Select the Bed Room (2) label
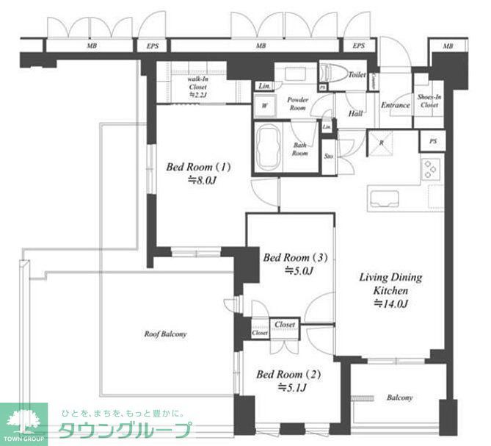283,375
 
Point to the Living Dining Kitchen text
390,283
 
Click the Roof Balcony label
164,334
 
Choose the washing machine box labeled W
264,106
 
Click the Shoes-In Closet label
428,101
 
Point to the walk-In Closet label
199,85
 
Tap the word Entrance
395,105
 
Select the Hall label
356,114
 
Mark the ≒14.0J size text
390,303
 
